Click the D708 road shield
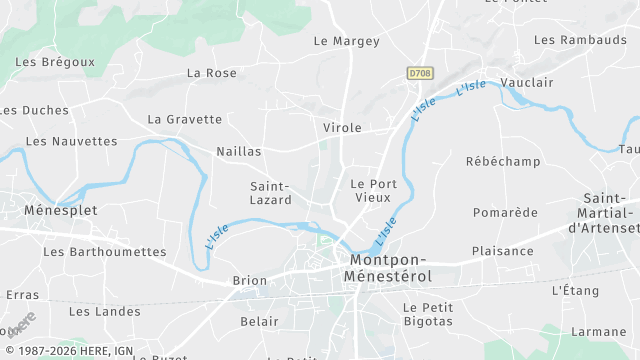click(420, 73)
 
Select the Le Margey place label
click(347, 41)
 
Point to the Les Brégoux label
click(55, 62)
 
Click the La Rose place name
click(212, 73)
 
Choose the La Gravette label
click(185, 119)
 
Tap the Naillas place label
click(239, 151)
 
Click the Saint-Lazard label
click(270, 193)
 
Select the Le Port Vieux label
click(373, 191)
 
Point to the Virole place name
click(342, 128)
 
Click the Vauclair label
click(526, 82)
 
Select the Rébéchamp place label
click(503, 161)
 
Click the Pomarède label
click(505, 212)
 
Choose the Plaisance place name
click(503, 251)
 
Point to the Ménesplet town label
click(46, 211)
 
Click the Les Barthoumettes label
click(105, 251)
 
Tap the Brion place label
click(249, 281)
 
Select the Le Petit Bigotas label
click(428, 314)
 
